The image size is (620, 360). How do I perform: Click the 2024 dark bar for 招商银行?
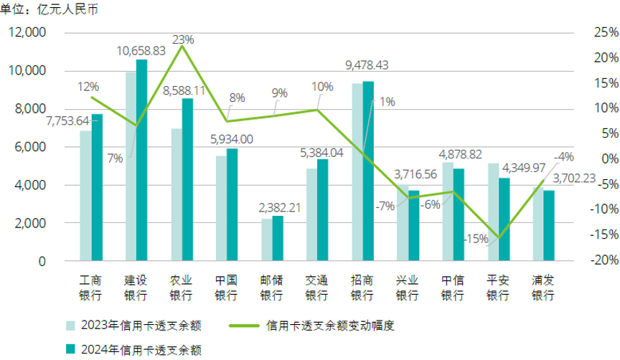[x=368, y=171]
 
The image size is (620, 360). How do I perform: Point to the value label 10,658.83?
[x=141, y=51]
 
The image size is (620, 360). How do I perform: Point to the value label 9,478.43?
[x=367, y=65]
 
